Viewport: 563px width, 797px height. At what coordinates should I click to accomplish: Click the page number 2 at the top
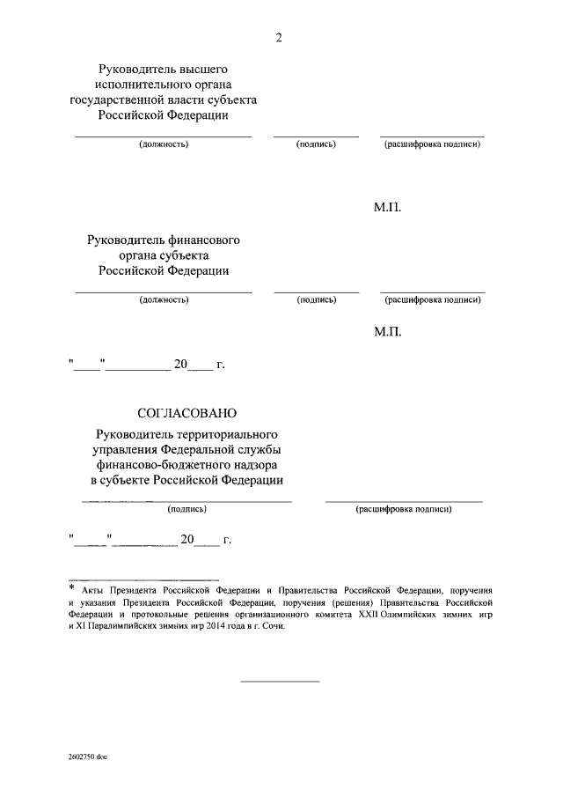(279, 37)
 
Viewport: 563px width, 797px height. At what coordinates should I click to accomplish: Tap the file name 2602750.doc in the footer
(87, 756)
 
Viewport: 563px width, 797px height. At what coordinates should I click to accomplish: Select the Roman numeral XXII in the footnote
(360, 614)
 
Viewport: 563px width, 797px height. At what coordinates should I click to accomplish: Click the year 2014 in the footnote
(216, 626)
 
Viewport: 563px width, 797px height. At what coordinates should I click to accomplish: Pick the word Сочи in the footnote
(273, 626)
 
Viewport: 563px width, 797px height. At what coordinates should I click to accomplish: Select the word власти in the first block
(194, 100)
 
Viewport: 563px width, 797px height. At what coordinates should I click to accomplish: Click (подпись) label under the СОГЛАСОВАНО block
(186, 509)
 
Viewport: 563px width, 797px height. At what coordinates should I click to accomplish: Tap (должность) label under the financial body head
(164, 299)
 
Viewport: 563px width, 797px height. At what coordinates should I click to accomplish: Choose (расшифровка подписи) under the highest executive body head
(432, 144)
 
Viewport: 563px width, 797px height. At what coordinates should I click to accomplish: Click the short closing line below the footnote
(280, 681)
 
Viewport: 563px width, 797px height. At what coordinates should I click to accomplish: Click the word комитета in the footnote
(325, 614)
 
